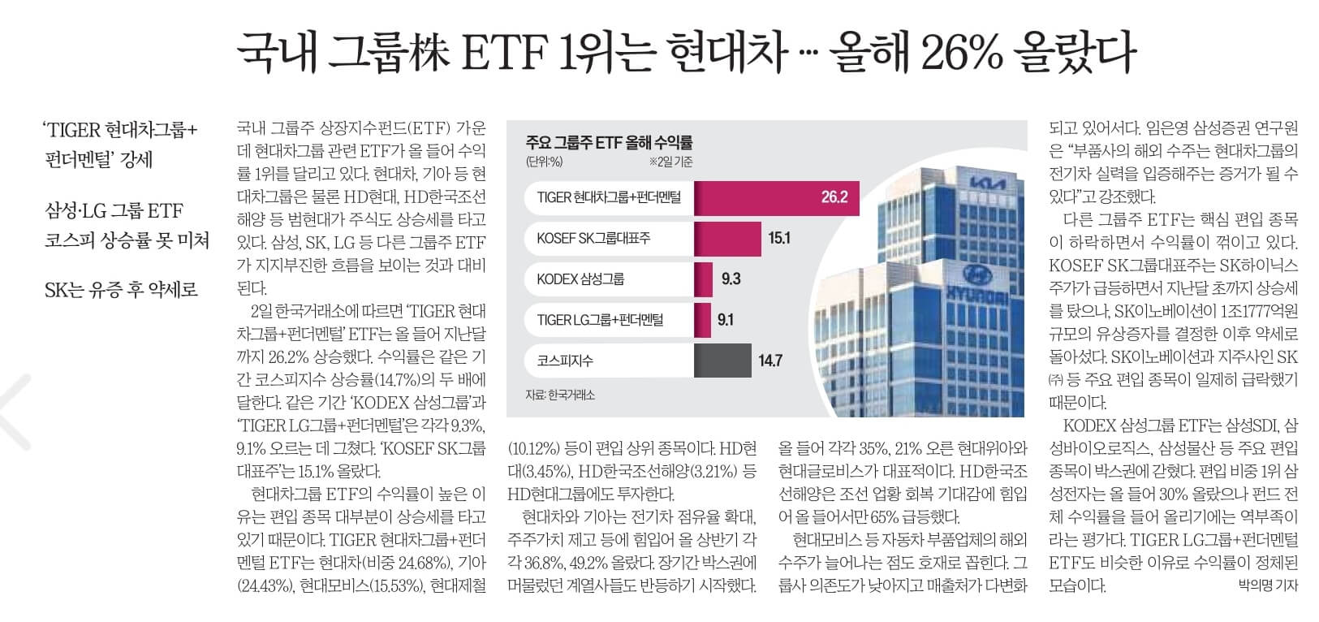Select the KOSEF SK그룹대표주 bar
[726, 238]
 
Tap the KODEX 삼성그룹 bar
[703, 279]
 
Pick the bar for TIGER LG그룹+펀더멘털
[702, 319]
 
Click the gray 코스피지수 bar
[722, 361]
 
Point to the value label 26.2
[834, 197]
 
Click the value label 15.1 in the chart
[778, 238]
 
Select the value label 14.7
[769, 361]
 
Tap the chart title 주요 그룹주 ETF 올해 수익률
[609, 143]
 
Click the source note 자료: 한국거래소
[560, 395]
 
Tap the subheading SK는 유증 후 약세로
[121, 290]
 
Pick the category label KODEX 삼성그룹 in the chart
[580, 279]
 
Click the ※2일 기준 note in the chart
[670, 162]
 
